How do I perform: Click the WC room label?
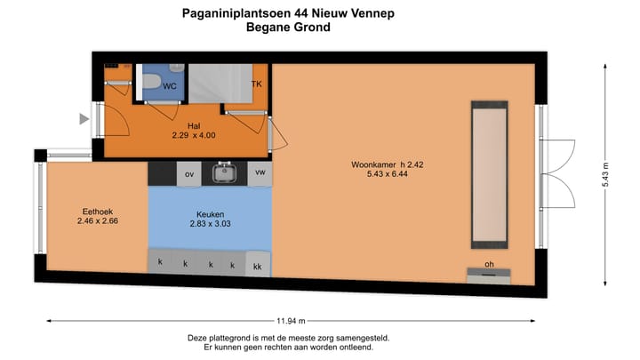click(x=169, y=85)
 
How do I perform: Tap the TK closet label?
click(x=257, y=84)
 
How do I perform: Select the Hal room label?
click(x=195, y=125)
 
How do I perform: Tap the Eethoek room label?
click(x=97, y=212)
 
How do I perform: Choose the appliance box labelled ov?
click(x=188, y=174)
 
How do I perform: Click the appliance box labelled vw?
click(x=260, y=172)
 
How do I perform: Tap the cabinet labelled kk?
click(x=258, y=265)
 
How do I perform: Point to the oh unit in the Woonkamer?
click(x=489, y=265)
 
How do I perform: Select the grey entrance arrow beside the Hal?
click(x=84, y=119)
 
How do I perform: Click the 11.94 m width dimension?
click(x=290, y=321)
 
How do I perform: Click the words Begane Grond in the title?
click(x=289, y=28)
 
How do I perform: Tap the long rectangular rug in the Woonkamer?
click(x=490, y=174)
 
